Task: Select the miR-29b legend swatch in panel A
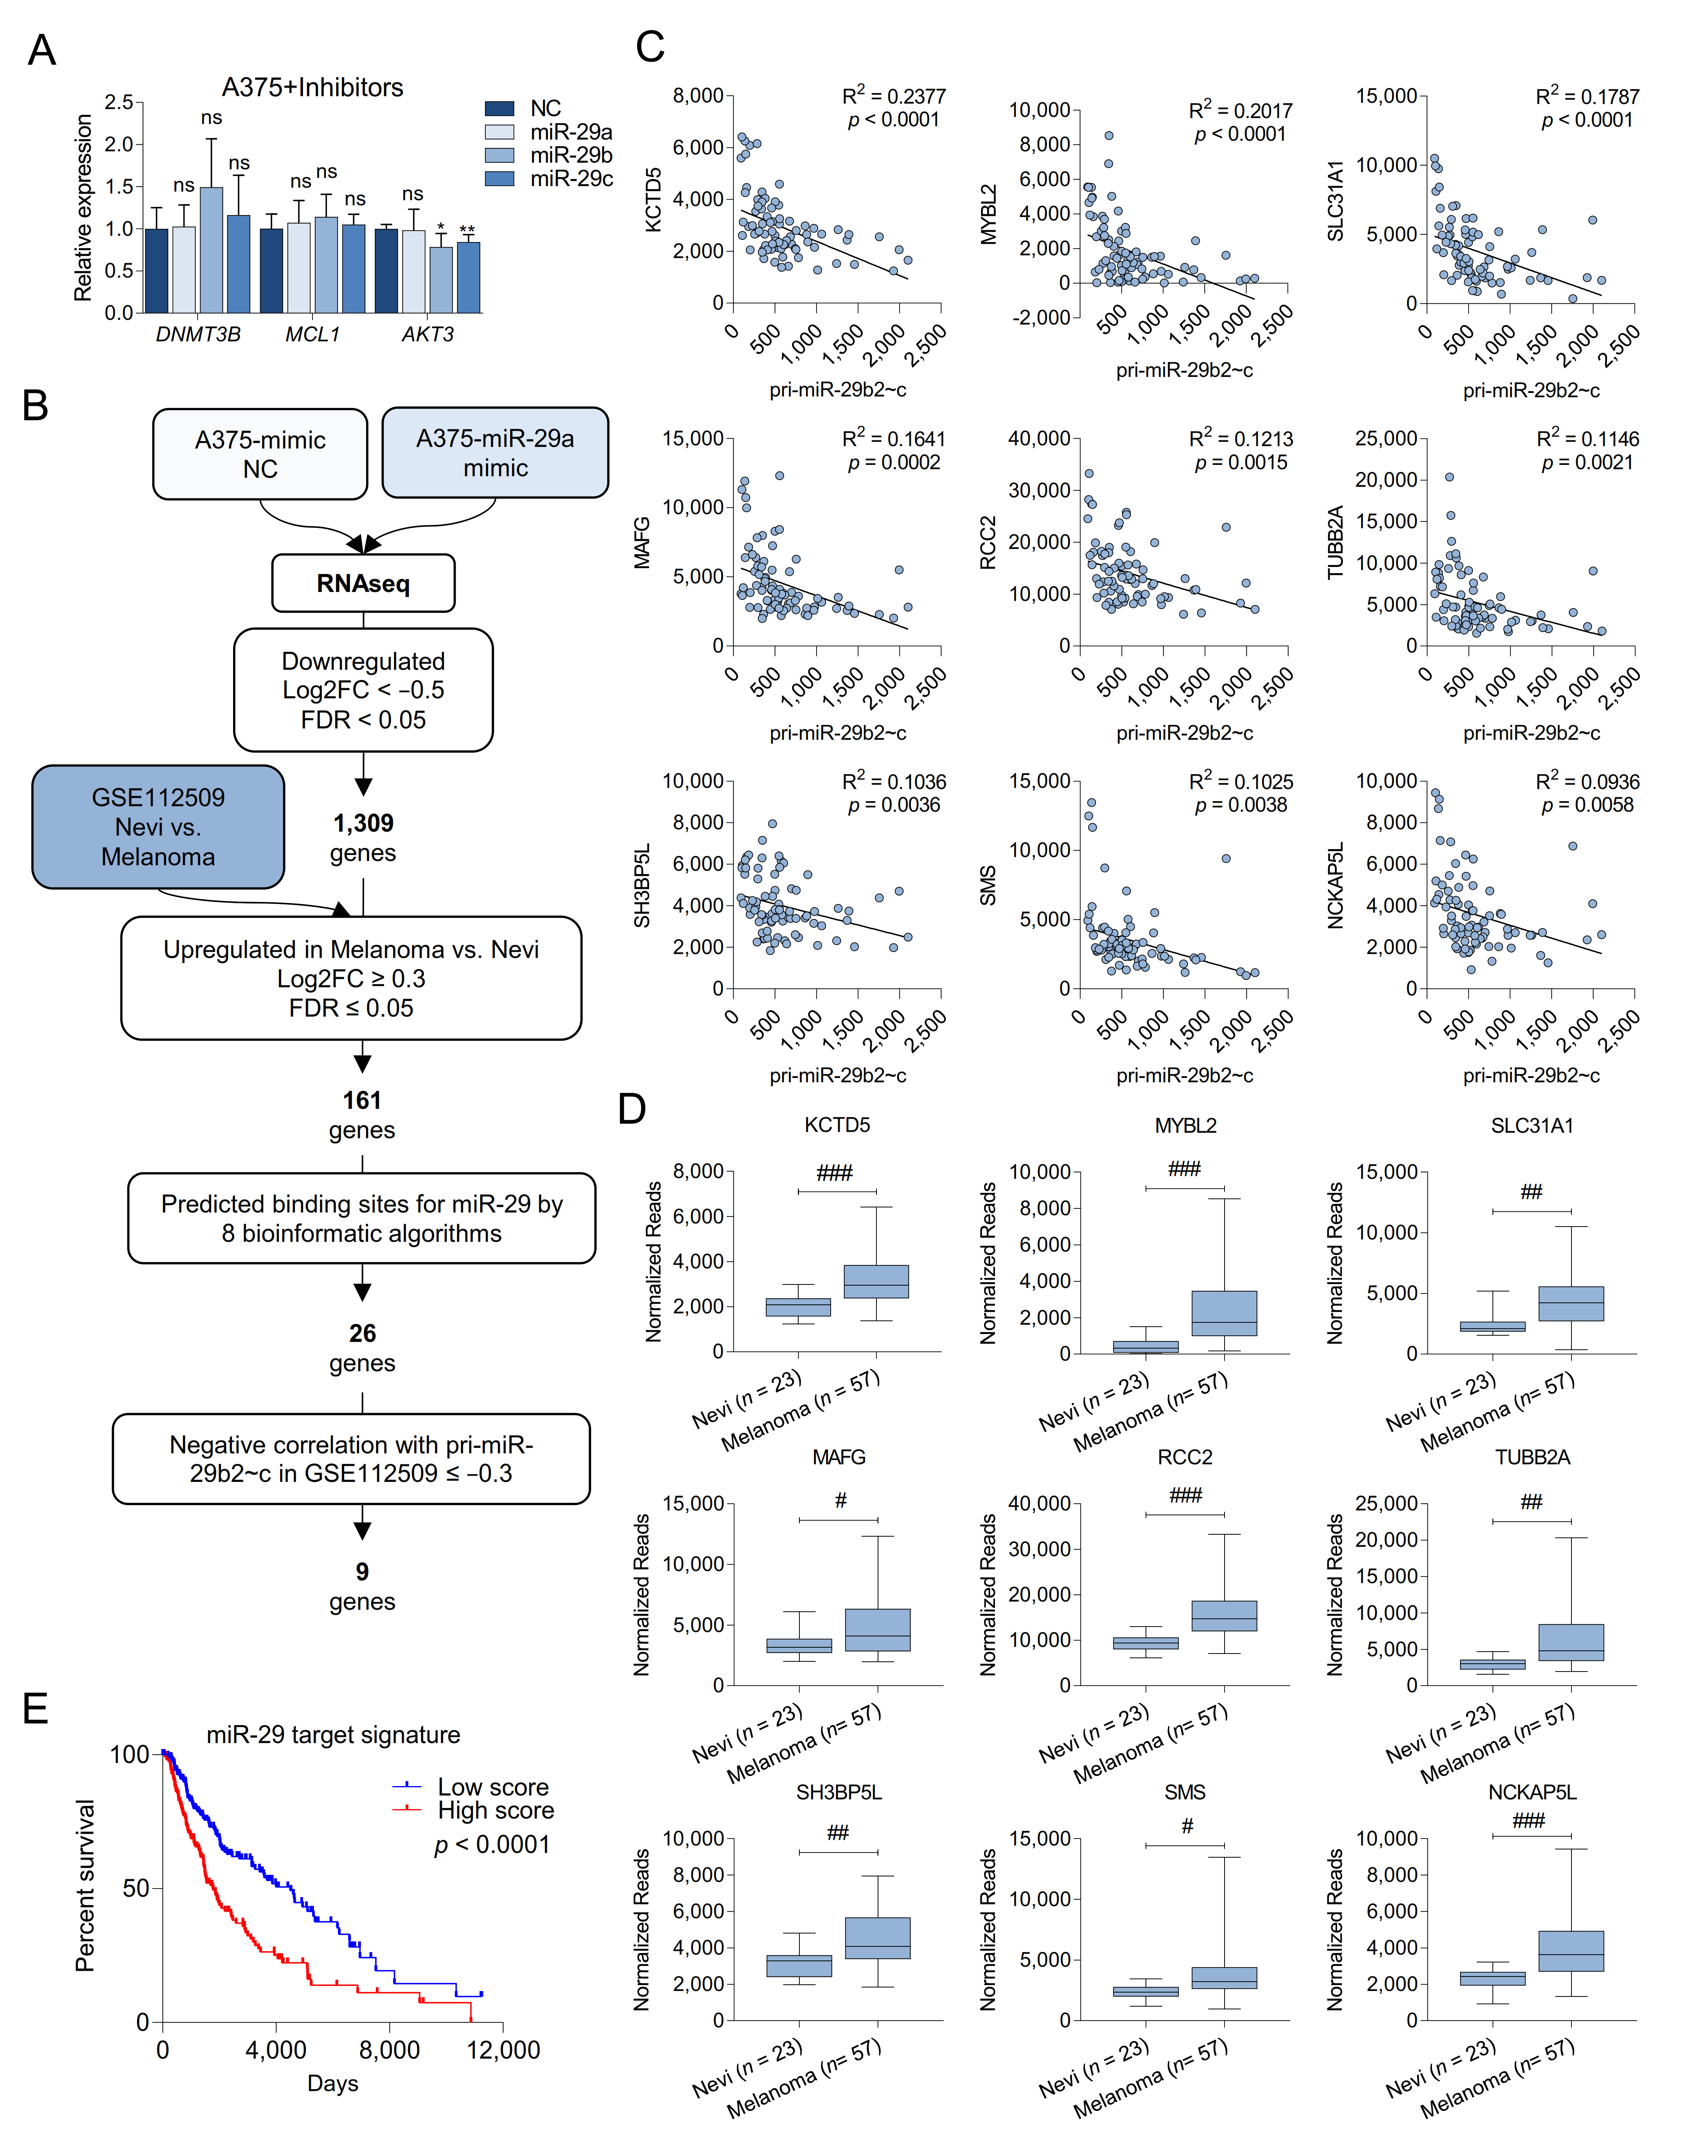pos(499,155)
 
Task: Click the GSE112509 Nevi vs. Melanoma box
pos(158,827)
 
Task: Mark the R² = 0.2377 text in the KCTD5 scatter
pos(893,96)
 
